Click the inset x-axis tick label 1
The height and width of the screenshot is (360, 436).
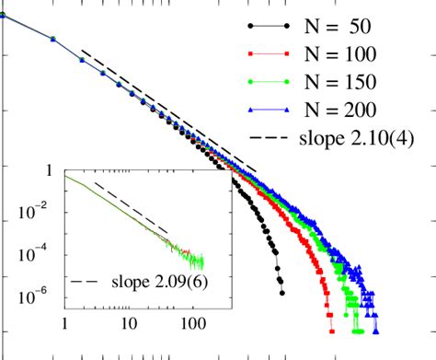64,323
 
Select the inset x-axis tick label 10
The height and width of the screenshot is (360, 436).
129,323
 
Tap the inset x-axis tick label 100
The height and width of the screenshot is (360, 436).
192,323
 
